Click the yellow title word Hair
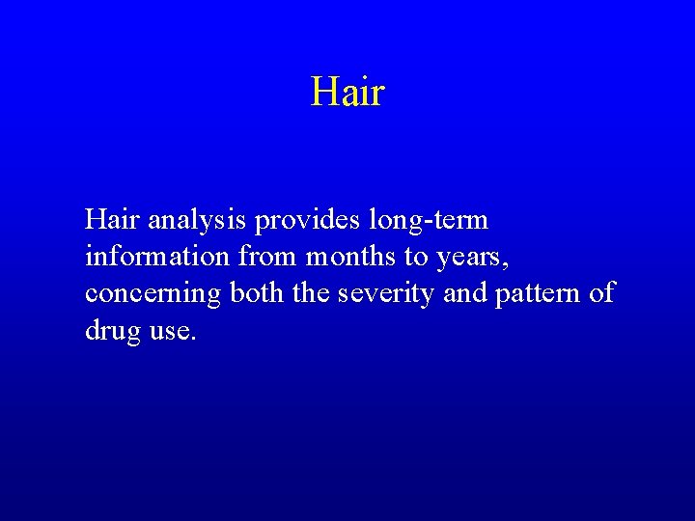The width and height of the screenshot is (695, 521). (347, 93)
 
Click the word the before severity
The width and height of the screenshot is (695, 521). (311, 293)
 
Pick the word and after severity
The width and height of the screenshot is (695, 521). (465, 293)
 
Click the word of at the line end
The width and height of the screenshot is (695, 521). (602, 293)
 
